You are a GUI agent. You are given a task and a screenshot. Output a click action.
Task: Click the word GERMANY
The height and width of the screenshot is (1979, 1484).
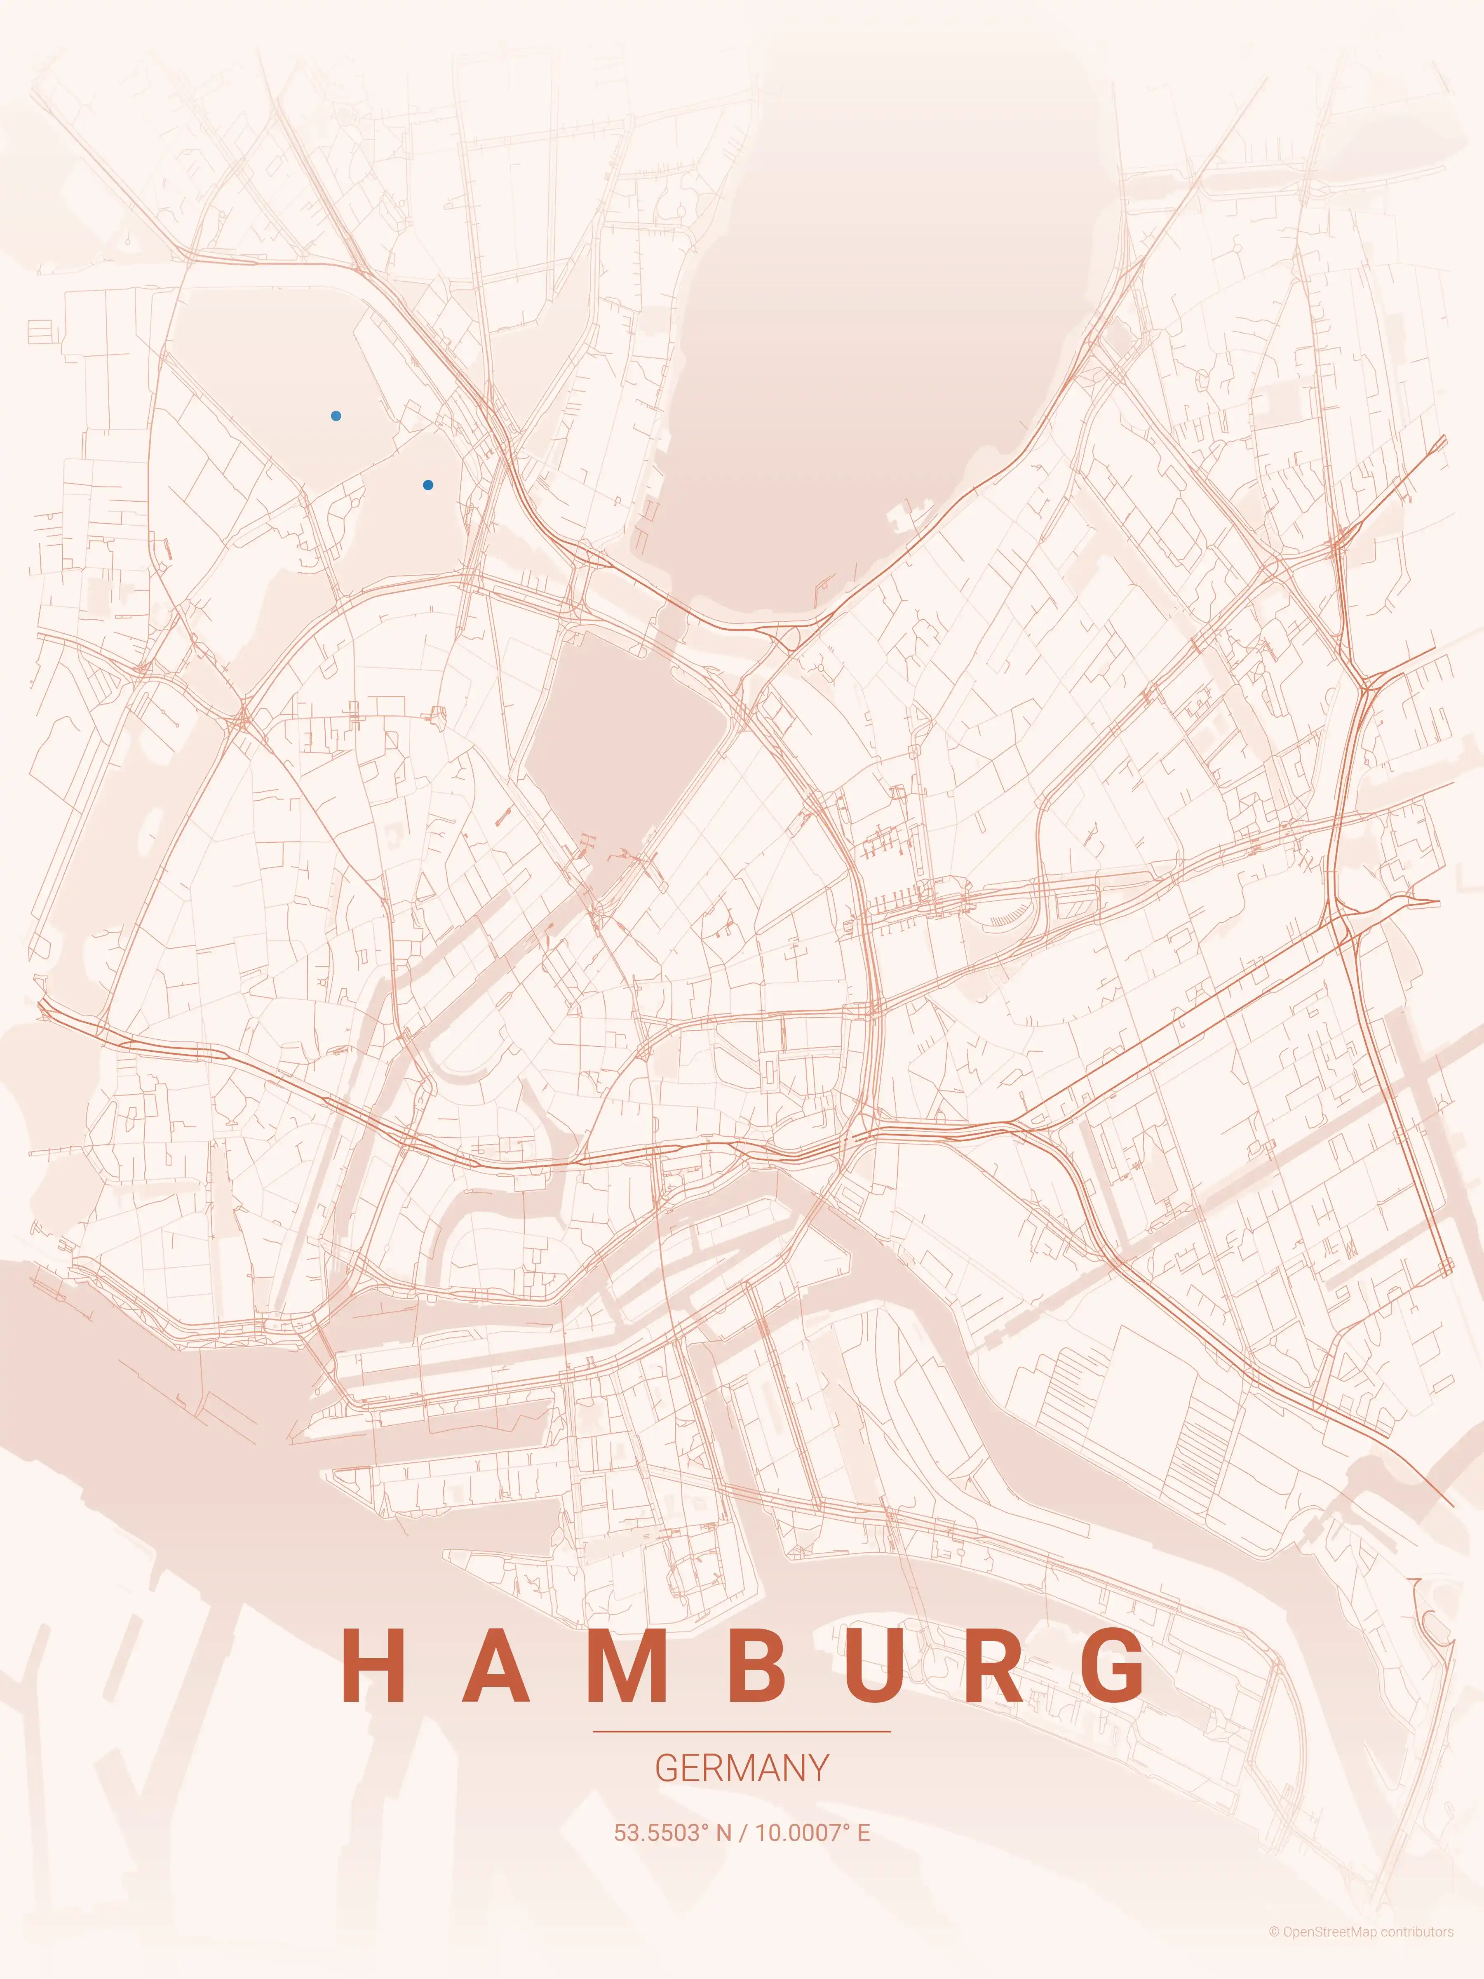[x=742, y=1768]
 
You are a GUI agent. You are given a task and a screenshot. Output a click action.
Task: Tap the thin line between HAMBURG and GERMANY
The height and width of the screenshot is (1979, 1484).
[x=742, y=1731]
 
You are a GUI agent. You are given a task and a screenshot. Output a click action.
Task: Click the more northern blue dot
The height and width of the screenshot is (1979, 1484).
[x=336, y=416]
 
